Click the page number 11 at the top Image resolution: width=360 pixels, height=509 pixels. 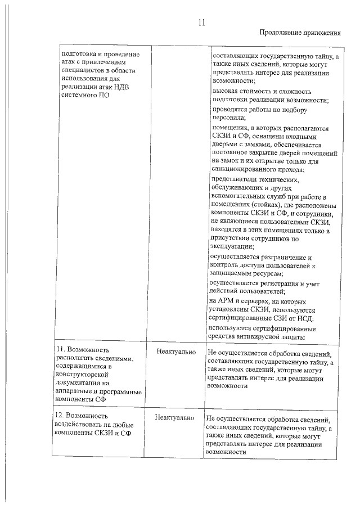[x=202, y=23]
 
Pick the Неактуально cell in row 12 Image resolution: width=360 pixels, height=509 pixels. [x=175, y=418]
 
